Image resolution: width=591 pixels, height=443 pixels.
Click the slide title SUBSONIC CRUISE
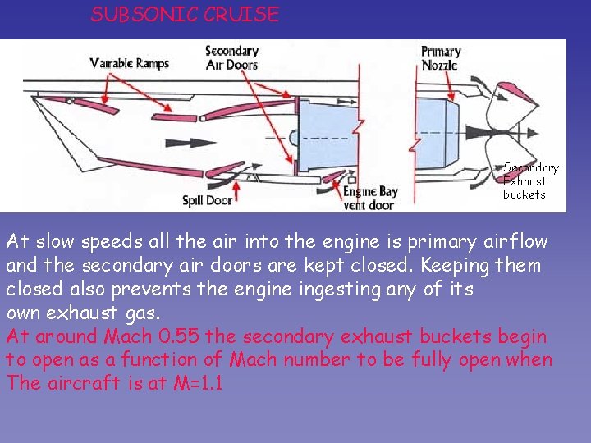(x=185, y=15)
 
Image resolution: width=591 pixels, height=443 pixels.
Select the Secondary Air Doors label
(x=231, y=58)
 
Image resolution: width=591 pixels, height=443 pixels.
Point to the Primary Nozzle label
(x=440, y=58)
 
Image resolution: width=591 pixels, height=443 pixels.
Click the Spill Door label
(x=207, y=199)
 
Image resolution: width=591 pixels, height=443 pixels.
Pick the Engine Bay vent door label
(x=370, y=199)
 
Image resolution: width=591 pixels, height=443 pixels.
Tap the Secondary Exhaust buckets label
(x=530, y=181)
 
